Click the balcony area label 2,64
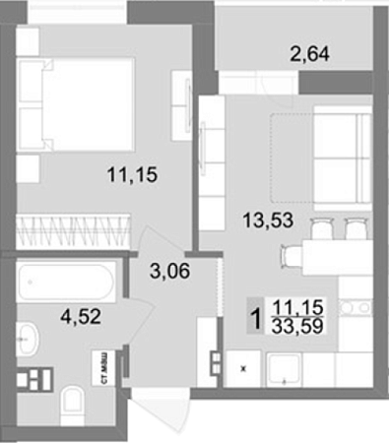[309, 54]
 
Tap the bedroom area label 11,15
[132, 174]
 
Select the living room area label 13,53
[268, 220]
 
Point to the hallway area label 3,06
[169, 271]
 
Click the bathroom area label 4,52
[81, 317]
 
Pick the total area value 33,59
[297, 326]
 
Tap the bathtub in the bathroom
[66, 282]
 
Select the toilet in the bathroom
[73, 406]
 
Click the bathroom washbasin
[28, 339]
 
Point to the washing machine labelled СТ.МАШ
[104, 367]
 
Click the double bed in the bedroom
[76, 104]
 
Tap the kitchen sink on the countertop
[284, 369]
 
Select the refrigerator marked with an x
[243, 368]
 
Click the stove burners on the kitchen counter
[356, 307]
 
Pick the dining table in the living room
[337, 257]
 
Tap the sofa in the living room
[343, 158]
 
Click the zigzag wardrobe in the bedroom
[73, 231]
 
